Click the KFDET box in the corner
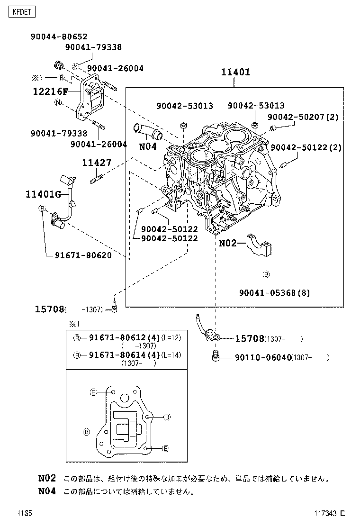(x=21, y=12)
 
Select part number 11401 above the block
(x=235, y=72)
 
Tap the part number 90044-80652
(x=59, y=36)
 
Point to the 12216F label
(x=50, y=91)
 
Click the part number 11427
(x=97, y=163)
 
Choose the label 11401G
(x=43, y=194)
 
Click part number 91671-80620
(x=83, y=255)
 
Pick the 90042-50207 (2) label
(x=303, y=117)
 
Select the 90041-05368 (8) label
(x=275, y=293)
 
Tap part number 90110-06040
(x=263, y=357)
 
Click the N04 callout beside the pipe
(x=148, y=146)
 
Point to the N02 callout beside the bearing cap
(x=228, y=243)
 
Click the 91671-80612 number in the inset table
(x=117, y=337)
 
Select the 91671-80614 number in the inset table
(x=117, y=355)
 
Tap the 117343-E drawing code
(x=329, y=513)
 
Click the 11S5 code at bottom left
(x=25, y=513)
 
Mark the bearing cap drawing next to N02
(x=259, y=245)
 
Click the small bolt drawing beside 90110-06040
(x=216, y=356)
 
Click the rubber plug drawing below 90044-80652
(x=59, y=64)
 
